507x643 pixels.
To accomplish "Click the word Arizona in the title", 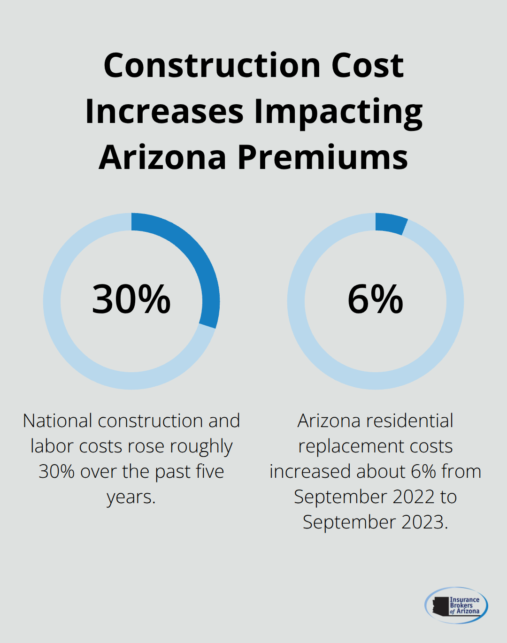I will point(162,157).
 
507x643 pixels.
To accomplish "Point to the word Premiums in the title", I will point(323,157).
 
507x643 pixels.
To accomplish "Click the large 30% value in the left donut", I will point(131,299).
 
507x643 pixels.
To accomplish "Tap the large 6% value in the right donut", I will point(376,299).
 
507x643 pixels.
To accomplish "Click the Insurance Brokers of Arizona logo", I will point(456,605).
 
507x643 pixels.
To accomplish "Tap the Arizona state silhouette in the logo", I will point(440,606).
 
